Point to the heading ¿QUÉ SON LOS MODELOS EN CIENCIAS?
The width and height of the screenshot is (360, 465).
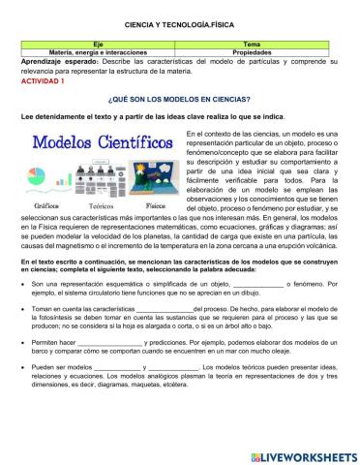click(x=180, y=100)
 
